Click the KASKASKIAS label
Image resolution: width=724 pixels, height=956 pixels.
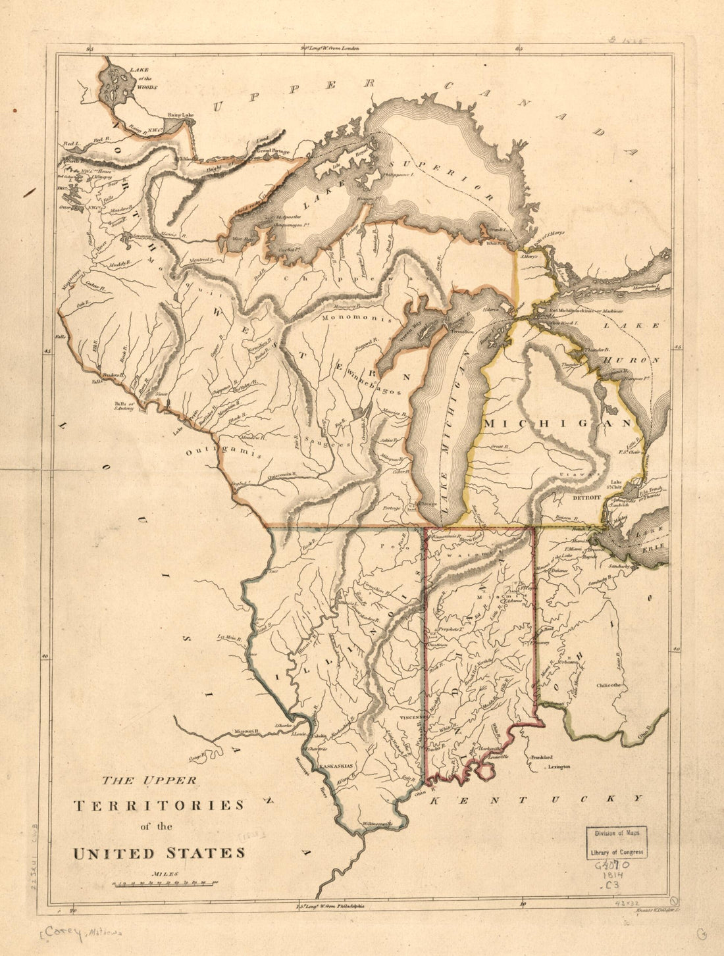(336, 767)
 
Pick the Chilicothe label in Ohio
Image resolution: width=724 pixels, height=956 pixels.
(609, 684)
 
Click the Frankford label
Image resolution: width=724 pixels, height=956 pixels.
(544, 757)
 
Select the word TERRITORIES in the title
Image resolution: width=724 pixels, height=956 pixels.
(159, 805)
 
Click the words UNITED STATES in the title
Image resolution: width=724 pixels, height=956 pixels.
(159, 853)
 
